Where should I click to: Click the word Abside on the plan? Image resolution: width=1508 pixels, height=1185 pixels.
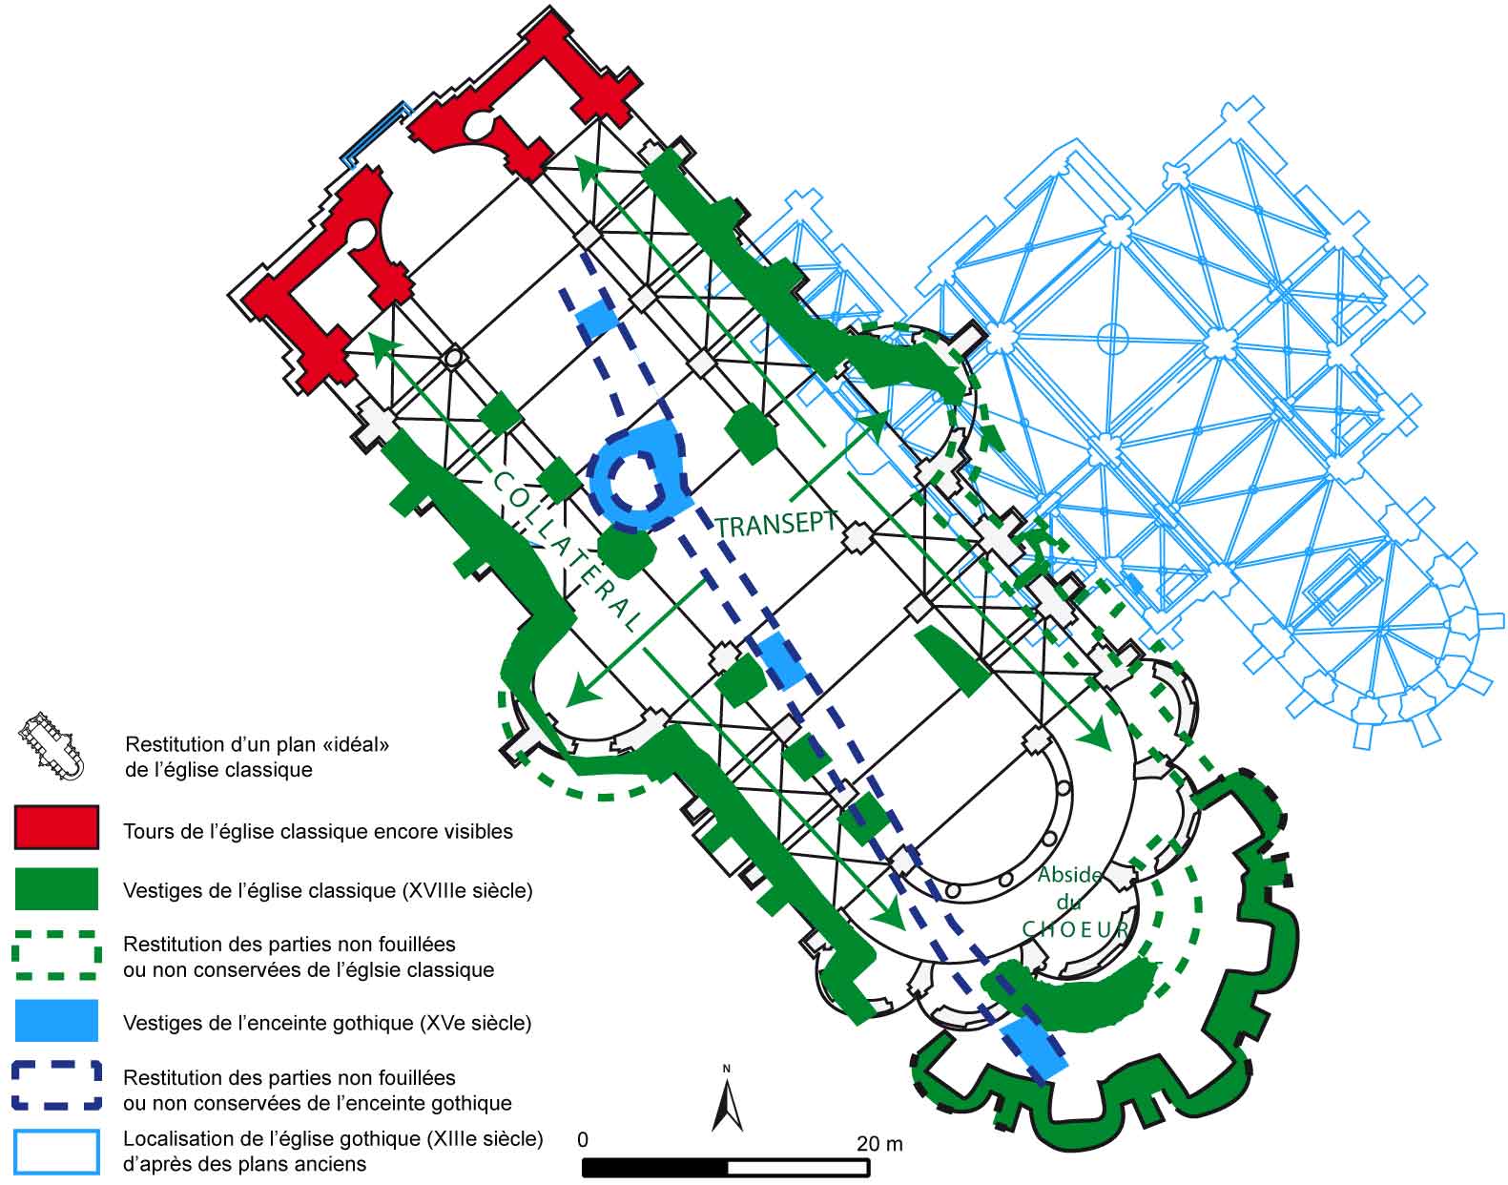1068,875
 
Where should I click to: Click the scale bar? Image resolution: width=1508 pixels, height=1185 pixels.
726,1167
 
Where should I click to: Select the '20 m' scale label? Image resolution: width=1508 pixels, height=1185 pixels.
879,1143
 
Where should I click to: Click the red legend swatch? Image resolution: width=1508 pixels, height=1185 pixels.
57,827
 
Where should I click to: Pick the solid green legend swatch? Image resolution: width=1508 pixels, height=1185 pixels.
57,888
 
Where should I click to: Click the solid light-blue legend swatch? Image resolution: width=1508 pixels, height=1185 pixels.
57,1021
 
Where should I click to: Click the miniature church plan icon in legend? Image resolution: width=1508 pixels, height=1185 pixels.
52,745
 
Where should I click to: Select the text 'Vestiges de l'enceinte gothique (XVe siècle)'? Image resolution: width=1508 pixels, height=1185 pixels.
327,1023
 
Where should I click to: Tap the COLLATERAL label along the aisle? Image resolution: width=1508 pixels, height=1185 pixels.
565,551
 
